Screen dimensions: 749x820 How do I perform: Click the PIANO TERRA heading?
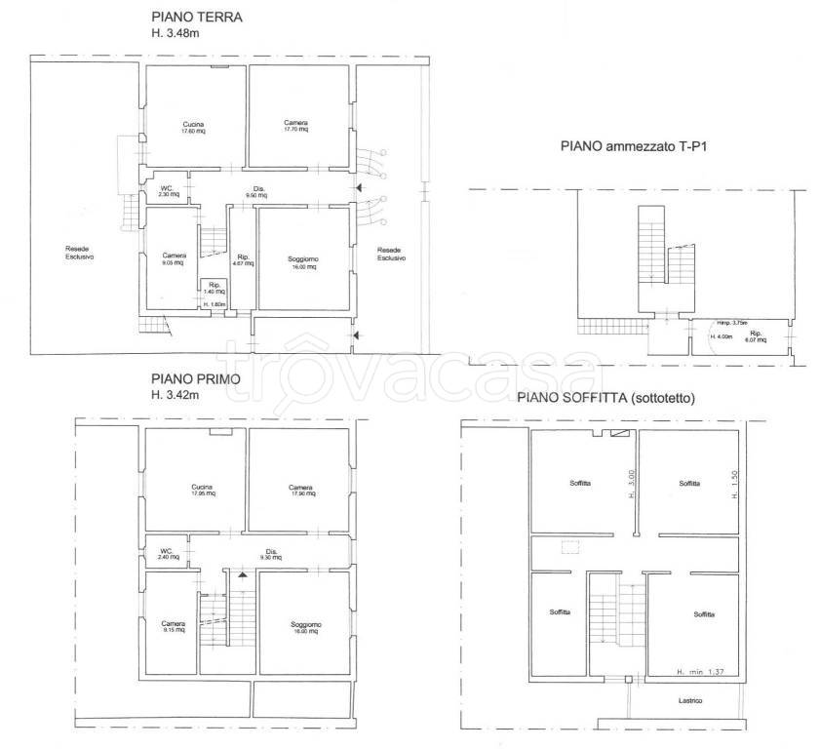coord(197,18)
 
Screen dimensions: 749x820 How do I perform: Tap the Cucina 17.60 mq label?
coord(192,127)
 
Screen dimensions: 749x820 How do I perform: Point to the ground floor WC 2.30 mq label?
coord(167,192)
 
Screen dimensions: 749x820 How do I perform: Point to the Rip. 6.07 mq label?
coord(755,336)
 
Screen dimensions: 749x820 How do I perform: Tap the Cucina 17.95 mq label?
coord(203,491)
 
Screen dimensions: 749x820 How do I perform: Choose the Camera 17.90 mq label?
coord(300,491)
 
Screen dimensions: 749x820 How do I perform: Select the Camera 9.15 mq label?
coord(174,627)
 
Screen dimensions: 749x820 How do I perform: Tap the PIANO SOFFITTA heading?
coord(601,397)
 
